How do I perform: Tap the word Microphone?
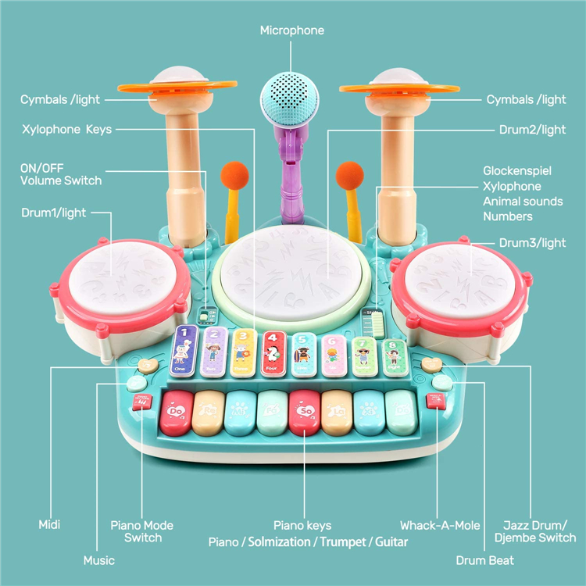(x=292, y=30)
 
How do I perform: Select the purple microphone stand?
(x=288, y=168)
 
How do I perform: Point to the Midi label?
(x=49, y=525)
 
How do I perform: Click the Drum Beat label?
(x=485, y=560)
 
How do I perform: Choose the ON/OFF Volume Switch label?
(x=61, y=174)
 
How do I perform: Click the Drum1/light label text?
(x=53, y=213)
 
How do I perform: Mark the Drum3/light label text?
(x=531, y=243)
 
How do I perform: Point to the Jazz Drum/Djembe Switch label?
(x=535, y=531)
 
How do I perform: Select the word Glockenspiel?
(x=518, y=170)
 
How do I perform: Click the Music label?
(x=99, y=560)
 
